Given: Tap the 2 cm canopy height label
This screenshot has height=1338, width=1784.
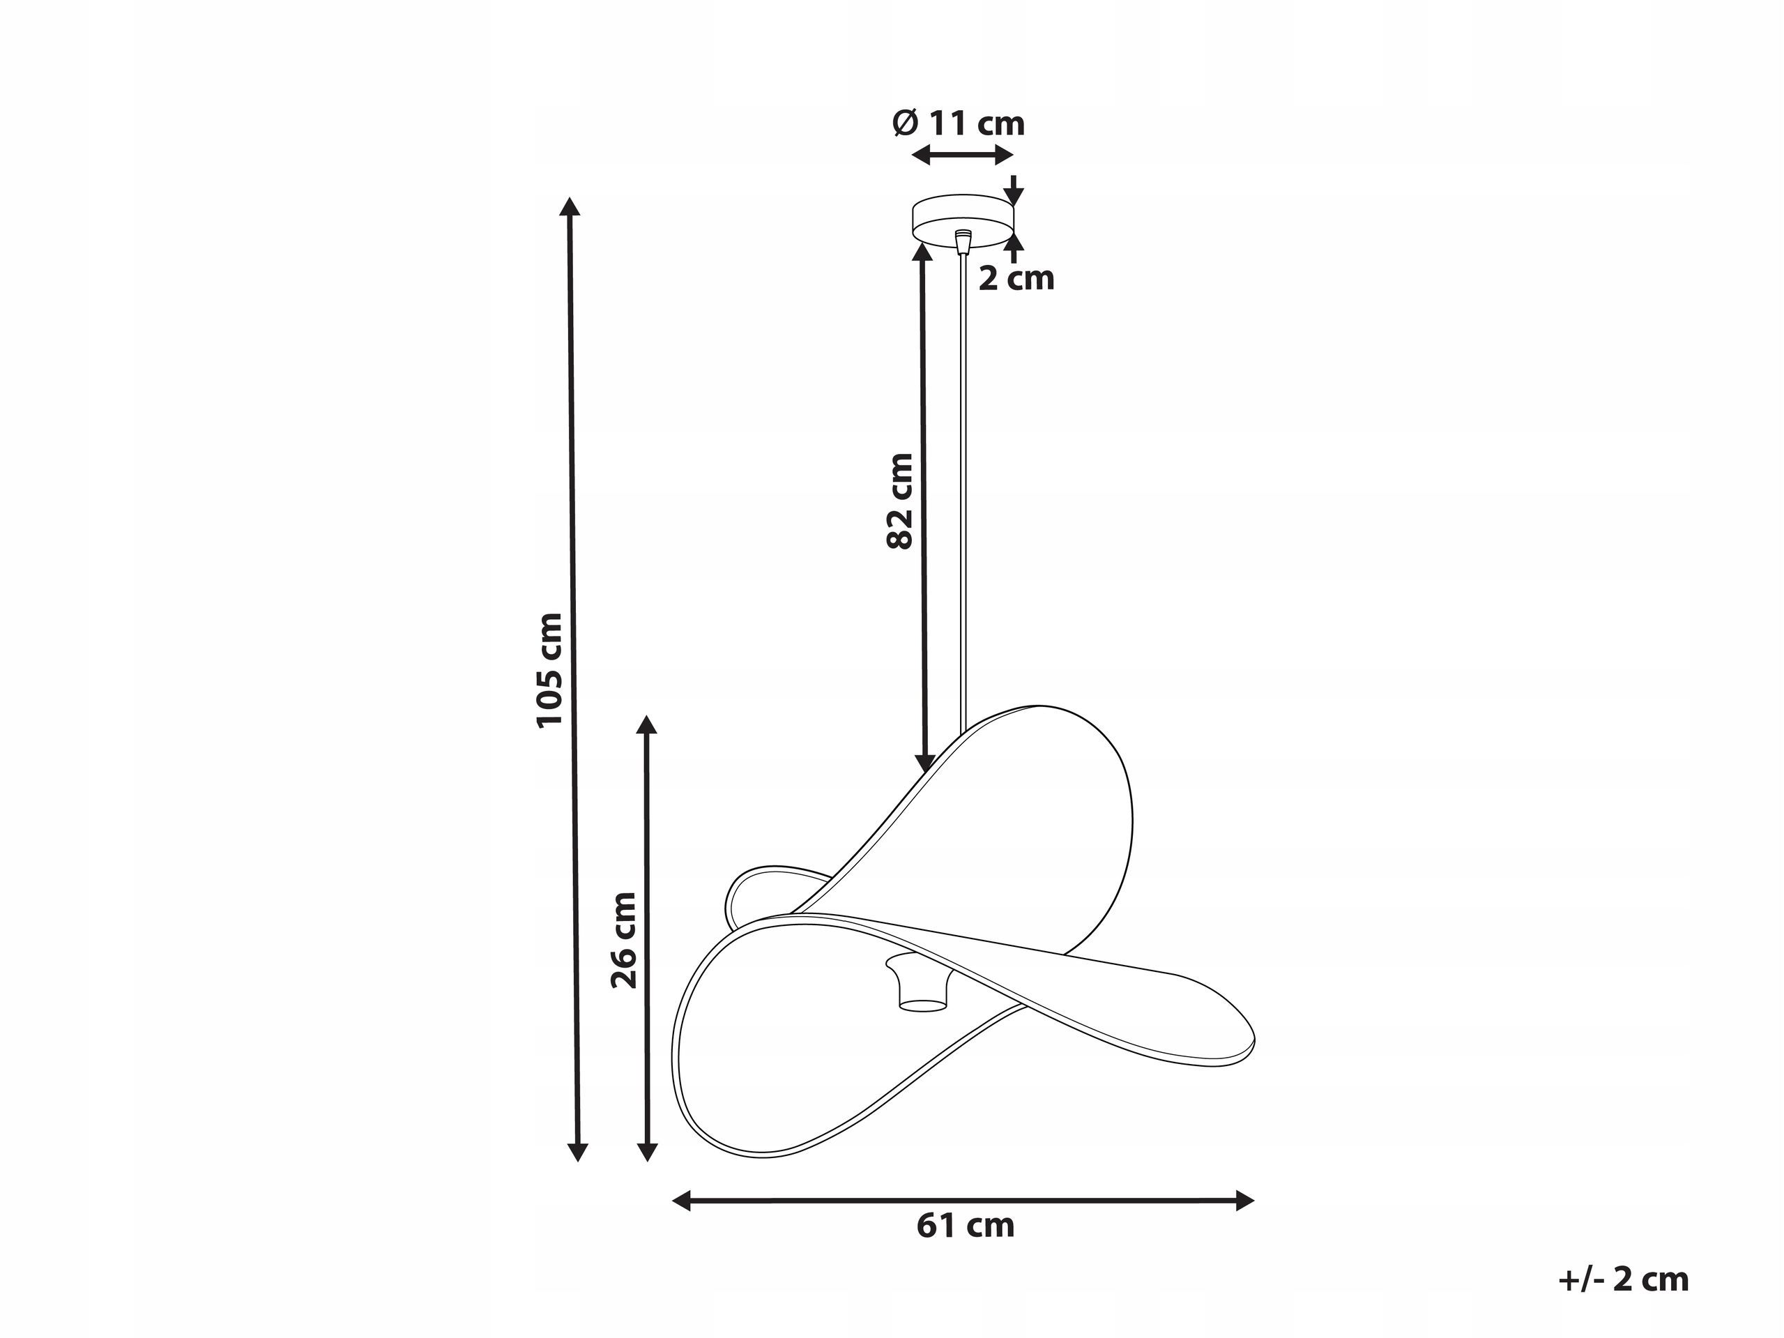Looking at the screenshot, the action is (x=1016, y=278).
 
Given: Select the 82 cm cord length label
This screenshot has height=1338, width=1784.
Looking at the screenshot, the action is (x=900, y=501).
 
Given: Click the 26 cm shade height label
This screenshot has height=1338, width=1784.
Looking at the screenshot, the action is (x=624, y=940).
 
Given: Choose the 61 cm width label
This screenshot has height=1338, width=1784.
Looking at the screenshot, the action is (x=966, y=1226).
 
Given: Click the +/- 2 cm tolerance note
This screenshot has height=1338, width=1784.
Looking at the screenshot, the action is (x=1624, y=1280).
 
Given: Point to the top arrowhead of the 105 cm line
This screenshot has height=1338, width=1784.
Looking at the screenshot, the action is (x=570, y=206).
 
